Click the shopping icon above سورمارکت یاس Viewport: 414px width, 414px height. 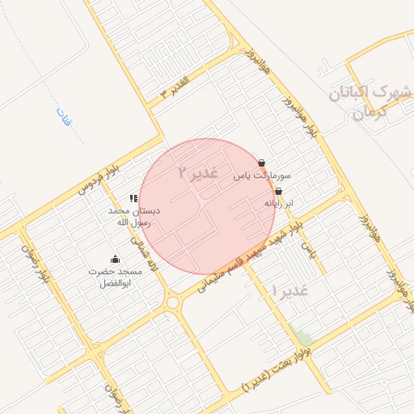(261, 163)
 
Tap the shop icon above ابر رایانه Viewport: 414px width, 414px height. (279, 192)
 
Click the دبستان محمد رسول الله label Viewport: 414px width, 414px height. (134, 216)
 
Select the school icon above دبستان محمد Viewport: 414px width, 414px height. (133, 198)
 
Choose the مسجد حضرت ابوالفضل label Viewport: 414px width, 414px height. (115, 277)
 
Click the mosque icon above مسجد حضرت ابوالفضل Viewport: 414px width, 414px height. (115, 260)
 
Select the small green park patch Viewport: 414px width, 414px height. (303, 336)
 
